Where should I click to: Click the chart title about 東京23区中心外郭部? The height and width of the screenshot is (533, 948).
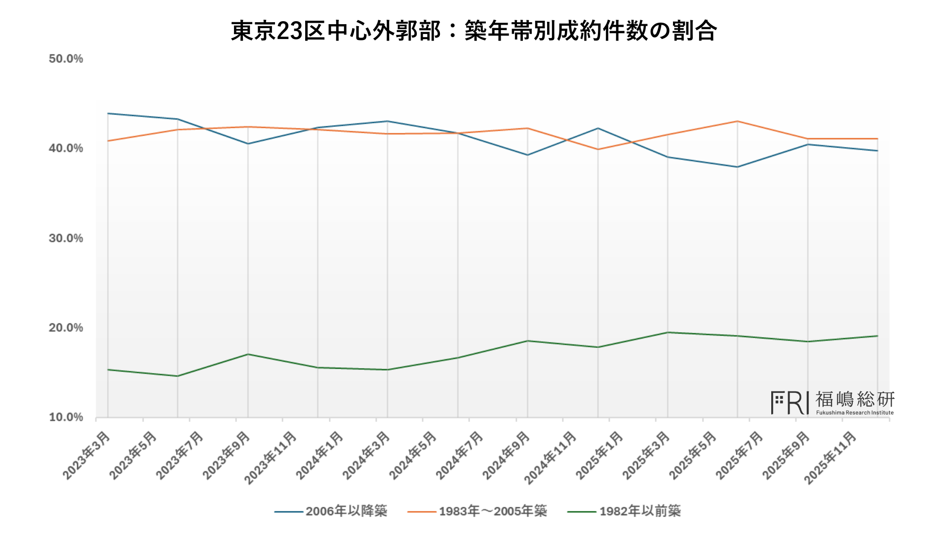pyautogui.click(x=474, y=31)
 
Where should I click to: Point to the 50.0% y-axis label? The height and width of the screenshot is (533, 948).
pyautogui.click(x=66, y=59)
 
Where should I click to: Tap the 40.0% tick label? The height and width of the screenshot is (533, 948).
pyautogui.click(x=66, y=149)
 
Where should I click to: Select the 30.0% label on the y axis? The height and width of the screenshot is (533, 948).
pyautogui.click(x=66, y=238)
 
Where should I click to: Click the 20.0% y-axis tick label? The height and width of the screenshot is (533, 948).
pyautogui.click(x=66, y=328)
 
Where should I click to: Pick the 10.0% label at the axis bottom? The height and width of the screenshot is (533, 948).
pyautogui.click(x=66, y=418)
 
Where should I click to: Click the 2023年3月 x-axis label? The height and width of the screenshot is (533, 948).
pyautogui.click(x=86, y=455)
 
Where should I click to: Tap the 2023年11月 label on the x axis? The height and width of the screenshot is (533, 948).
pyautogui.click(x=271, y=457)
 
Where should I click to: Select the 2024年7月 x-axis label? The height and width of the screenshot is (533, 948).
pyautogui.click(x=459, y=455)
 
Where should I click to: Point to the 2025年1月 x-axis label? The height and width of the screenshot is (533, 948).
pyautogui.click(x=599, y=455)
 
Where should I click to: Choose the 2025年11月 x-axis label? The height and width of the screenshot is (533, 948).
pyautogui.click(x=830, y=457)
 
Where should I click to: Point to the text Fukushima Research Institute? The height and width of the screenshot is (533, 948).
pyautogui.click(x=855, y=413)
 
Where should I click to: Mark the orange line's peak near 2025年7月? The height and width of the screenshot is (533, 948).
pyautogui.click(x=737, y=121)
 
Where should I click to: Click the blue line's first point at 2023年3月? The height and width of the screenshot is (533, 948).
pyautogui.click(x=108, y=114)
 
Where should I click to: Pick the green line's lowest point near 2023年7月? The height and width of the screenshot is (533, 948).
pyautogui.click(x=178, y=376)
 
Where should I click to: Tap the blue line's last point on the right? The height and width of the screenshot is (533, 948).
pyautogui.click(x=877, y=151)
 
